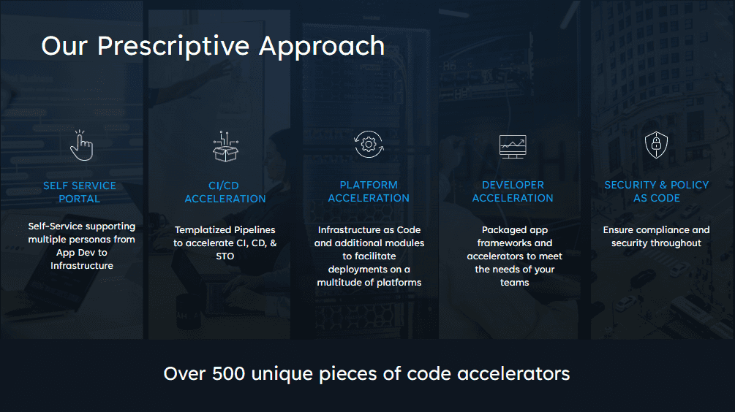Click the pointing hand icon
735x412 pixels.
tap(82, 145)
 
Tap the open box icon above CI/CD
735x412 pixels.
tap(225, 147)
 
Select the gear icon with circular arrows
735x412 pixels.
tap(369, 144)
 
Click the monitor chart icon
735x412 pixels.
tap(513, 147)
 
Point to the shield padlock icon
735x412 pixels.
tap(656, 145)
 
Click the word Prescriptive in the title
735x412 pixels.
tap(173, 47)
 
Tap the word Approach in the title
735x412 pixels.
tap(322, 47)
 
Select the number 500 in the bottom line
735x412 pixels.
tap(229, 373)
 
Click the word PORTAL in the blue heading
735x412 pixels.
tap(79, 199)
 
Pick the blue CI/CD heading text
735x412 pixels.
tap(224, 186)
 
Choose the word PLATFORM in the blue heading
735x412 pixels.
tap(369, 185)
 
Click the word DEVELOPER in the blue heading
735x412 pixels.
tap(513, 185)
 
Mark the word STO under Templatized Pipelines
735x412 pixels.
tap(225, 256)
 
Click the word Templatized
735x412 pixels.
tap(203, 230)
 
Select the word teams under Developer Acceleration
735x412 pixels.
tap(514, 282)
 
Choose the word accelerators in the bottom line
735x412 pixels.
tap(513, 373)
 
